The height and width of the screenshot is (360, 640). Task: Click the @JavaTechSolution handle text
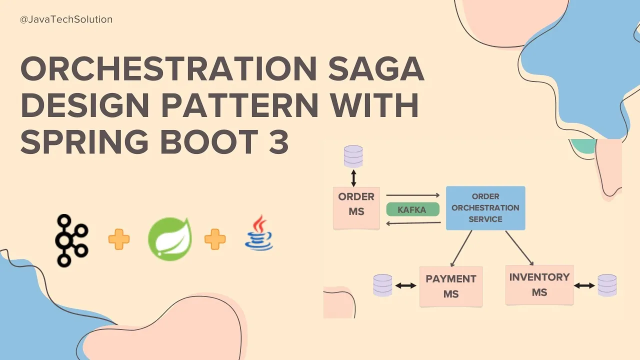(x=66, y=19)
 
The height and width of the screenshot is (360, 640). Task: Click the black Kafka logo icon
(x=71, y=240)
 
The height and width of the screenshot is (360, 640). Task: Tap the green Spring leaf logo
(x=170, y=239)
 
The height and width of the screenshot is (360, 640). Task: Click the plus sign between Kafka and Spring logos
(x=119, y=239)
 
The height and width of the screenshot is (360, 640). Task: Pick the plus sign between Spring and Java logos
(x=215, y=239)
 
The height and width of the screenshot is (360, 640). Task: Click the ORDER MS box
(x=356, y=207)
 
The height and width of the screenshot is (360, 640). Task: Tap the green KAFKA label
(x=412, y=209)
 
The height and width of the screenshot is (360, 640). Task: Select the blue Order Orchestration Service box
(x=485, y=207)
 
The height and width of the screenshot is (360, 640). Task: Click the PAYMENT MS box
(x=450, y=286)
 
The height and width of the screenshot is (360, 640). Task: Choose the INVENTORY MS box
(x=539, y=284)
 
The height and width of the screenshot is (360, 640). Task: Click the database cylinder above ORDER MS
(x=353, y=156)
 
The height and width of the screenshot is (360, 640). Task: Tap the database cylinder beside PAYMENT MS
(x=382, y=285)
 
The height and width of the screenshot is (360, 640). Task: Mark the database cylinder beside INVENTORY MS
(x=607, y=285)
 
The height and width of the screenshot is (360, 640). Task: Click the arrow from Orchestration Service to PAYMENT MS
(x=461, y=248)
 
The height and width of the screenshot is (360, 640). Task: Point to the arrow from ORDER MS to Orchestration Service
(x=412, y=195)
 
